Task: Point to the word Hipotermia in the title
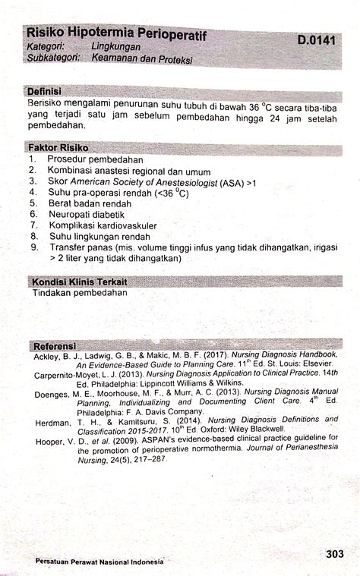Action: (103, 33)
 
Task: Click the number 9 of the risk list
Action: (34, 247)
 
